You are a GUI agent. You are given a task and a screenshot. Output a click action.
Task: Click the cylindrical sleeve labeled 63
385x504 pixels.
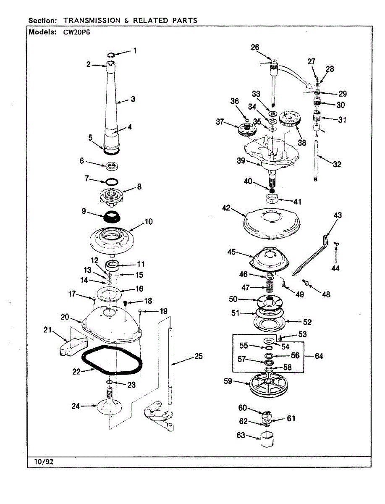coord(269,439)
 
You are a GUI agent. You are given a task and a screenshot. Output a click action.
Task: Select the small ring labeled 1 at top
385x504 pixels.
coord(111,55)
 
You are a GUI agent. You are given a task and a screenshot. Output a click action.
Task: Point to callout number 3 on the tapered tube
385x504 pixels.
coord(133,99)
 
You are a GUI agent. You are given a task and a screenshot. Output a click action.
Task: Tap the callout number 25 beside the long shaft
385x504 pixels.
coord(198,357)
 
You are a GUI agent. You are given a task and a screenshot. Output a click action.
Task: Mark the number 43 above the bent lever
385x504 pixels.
coord(338,215)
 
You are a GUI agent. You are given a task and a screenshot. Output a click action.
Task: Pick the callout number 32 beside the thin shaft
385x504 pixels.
coord(337,165)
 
